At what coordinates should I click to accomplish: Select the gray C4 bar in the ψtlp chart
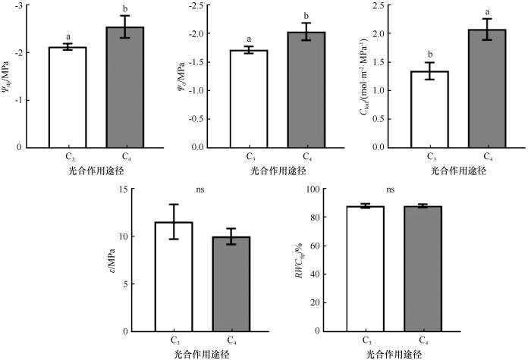coord(124,87)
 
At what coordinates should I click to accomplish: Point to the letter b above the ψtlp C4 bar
coord(124,9)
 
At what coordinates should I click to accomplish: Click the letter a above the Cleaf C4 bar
coord(487,12)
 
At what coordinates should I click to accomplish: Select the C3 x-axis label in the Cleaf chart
coord(430,157)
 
